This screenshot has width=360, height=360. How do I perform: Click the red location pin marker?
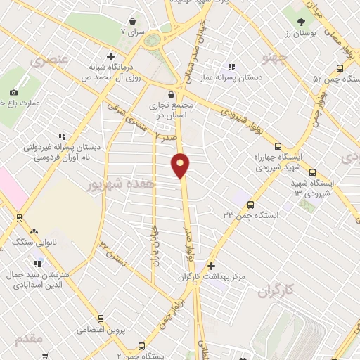coord(181,165)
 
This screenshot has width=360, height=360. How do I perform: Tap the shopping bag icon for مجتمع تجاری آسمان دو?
coord(171,94)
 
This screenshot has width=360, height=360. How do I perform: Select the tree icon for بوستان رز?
coord(302,22)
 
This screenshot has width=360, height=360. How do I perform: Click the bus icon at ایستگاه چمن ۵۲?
coord(340,68)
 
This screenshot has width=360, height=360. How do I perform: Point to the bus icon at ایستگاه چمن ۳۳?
coord(250,203)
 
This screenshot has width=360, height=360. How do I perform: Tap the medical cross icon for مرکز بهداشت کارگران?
coord(211,265)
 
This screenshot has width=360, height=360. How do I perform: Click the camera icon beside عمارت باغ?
coord(14,92)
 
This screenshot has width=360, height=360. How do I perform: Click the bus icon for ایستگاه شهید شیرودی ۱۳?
coord(312,172)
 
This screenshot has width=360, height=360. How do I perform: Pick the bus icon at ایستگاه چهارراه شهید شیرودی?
coord(278,146)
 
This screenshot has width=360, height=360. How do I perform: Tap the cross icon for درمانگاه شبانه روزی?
coord(110,56)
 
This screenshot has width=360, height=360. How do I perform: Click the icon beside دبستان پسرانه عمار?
coord(231,67)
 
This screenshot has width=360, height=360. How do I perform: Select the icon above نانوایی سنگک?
coord(33,230)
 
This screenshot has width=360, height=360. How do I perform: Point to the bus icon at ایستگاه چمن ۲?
coord(141,345)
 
